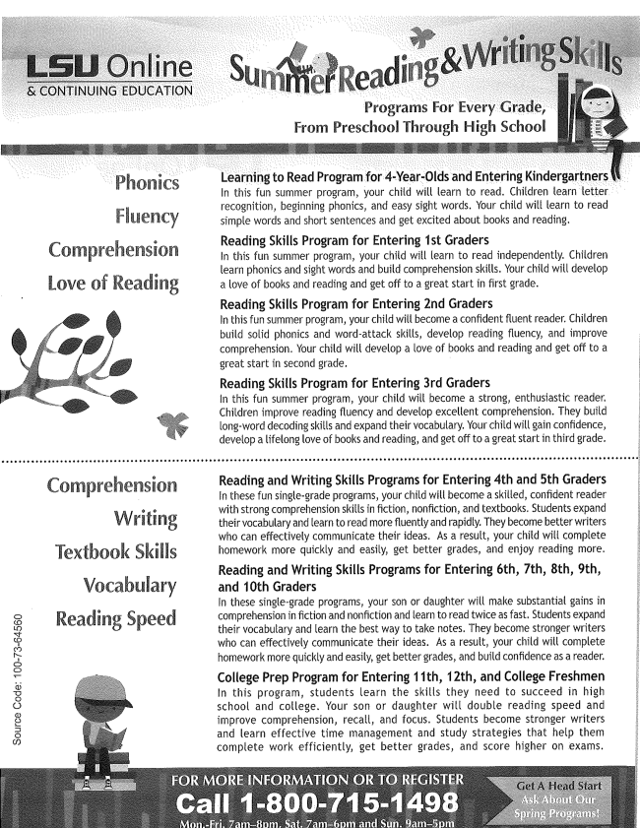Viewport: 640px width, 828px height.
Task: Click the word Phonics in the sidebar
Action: (x=146, y=183)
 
